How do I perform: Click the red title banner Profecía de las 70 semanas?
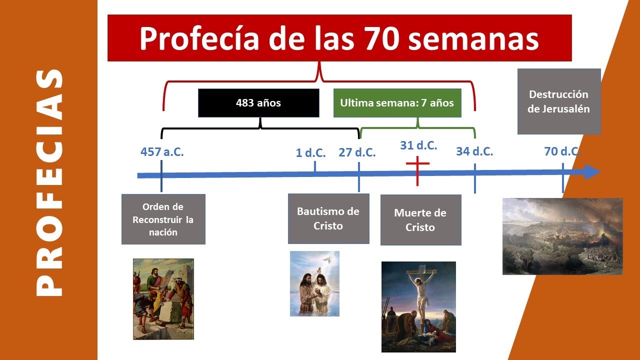[339, 38]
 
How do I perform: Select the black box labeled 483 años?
[258, 103]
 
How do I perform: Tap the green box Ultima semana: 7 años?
[397, 103]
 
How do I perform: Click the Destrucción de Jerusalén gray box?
[558, 101]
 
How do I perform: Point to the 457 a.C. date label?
[162, 152]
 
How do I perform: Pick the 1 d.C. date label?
[310, 152]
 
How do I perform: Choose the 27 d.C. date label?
[357, 152]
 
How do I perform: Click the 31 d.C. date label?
[418, 145]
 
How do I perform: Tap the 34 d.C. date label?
[474, 151]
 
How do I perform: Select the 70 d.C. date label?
[562, 151]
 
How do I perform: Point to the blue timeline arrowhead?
[592, 171]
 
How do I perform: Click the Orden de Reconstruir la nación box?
[163, 219]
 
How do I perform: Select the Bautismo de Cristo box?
[328, 218]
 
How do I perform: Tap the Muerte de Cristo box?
[420, 220]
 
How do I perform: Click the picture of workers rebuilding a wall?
[163, 299]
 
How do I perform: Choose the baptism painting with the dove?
[314, 283]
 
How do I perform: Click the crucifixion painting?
[418, 306]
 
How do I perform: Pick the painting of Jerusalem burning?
[562, 236]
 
